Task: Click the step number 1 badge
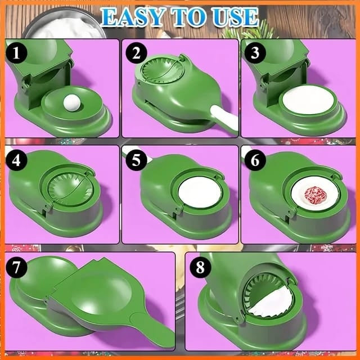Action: click(x=16, y=53)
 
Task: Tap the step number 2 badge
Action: click(x=136, y=53)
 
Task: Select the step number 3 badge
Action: click(x=255, y=53)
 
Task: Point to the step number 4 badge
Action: click(x=16, y=160)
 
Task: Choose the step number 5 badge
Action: click(x=136, y=160)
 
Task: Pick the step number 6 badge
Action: click(x=255, y=160)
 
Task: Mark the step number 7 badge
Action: click(x=16, y=267)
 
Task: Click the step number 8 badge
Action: click(x=200, y=267)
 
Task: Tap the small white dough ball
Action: click(x=72, y=102)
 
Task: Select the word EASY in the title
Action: click(x=133, y=17)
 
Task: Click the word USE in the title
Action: click(x=235, y=17)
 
